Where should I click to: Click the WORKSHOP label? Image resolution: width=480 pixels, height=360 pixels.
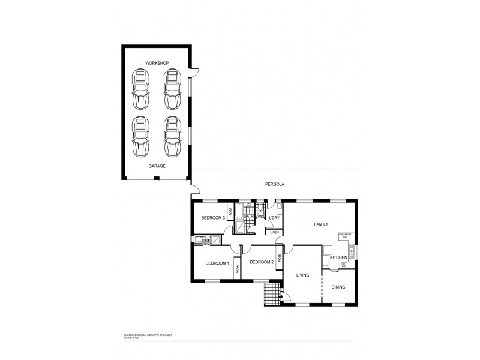157,63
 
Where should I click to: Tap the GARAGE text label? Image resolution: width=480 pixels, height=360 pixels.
157,166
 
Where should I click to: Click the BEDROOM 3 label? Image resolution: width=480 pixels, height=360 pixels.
212,217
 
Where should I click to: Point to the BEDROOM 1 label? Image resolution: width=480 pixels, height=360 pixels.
217,263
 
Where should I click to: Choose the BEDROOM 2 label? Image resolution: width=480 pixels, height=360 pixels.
262,262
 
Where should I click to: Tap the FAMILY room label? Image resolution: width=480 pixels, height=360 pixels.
321,224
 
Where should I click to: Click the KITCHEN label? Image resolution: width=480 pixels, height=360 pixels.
338,257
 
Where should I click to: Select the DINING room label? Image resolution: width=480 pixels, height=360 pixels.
338,287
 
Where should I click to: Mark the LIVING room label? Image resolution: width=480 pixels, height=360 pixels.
302,275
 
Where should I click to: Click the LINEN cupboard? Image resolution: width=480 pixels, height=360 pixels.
274,232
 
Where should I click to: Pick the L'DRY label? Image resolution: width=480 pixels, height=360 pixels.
275,217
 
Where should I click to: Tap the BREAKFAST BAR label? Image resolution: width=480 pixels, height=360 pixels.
345,236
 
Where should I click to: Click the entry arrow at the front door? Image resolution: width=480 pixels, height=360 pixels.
283,295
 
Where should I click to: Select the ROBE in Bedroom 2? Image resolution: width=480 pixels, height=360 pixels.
279,258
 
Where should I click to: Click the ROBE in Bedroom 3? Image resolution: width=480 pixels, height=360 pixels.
230,212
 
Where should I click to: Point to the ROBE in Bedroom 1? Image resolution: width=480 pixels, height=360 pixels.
237,269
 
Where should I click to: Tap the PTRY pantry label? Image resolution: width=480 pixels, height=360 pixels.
326,265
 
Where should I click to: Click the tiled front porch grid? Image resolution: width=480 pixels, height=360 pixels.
272,295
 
